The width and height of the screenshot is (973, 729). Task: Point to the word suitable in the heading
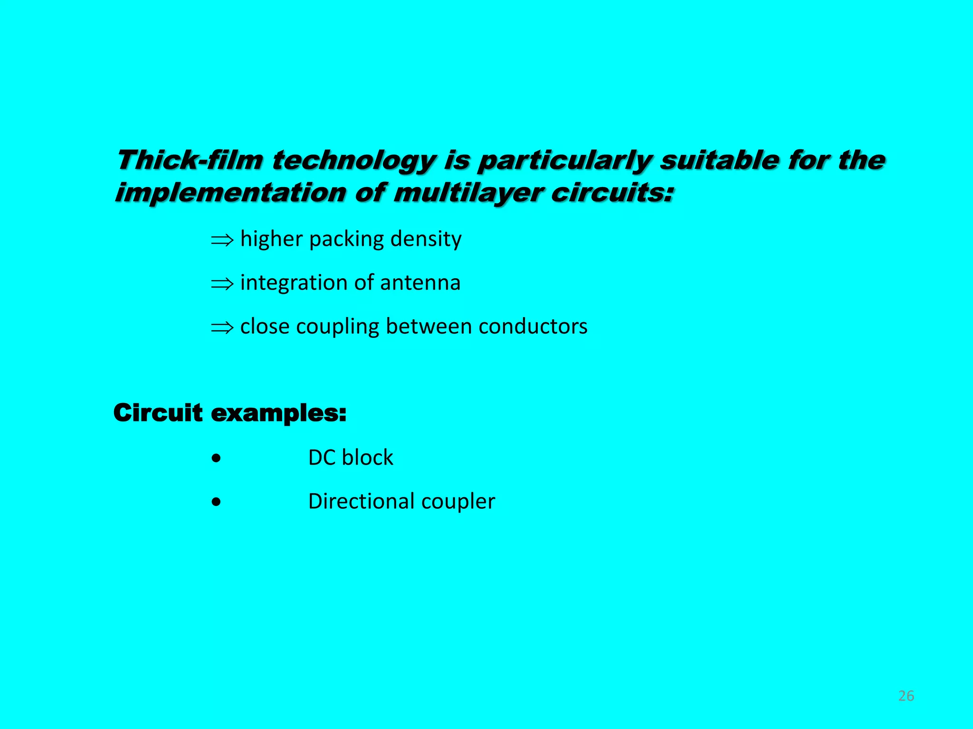719,160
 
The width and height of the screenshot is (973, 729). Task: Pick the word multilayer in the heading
468,193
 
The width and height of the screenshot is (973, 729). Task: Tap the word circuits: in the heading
612,193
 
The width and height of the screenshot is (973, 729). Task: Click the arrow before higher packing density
222,240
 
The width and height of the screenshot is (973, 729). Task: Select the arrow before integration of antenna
222,284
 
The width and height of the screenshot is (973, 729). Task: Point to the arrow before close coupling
222,327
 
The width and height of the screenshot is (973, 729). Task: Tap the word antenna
420,283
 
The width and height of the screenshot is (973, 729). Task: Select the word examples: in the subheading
278,413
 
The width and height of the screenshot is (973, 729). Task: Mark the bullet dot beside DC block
217,458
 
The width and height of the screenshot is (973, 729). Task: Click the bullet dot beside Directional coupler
217,502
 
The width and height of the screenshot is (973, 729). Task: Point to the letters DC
322,458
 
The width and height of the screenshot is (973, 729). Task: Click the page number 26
906,696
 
